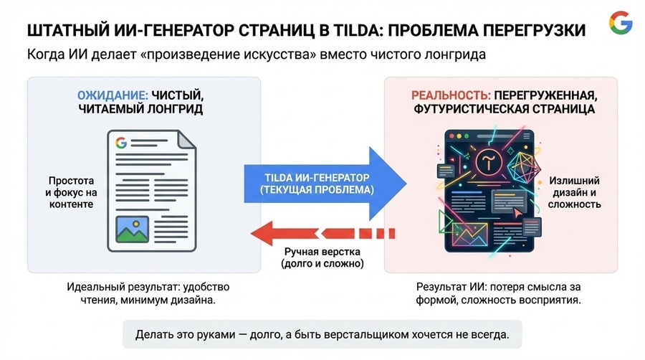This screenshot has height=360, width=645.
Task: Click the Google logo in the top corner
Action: pos(621,23)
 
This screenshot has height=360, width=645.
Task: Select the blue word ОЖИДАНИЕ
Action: pos(113,95)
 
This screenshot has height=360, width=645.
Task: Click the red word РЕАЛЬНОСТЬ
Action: pos(451,95)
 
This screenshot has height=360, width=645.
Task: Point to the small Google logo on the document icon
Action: pos(121,143)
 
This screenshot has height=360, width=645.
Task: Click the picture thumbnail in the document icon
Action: pos(132,229)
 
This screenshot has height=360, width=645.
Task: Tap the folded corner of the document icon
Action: pos(186,139)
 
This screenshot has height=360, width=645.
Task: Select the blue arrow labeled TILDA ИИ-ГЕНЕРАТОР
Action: pos(325,184)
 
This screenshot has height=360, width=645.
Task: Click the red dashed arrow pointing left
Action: pos(323,233)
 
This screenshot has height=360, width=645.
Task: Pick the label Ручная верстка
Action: pos(322,252)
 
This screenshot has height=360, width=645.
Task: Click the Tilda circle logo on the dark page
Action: pos(489,161)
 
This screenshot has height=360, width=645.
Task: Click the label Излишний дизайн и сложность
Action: pos(574,192)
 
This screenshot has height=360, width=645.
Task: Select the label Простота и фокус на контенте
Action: pos(71,192)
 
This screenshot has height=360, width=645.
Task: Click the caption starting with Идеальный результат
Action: pos(148,293)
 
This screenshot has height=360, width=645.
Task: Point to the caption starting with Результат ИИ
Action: pos(499,293)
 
